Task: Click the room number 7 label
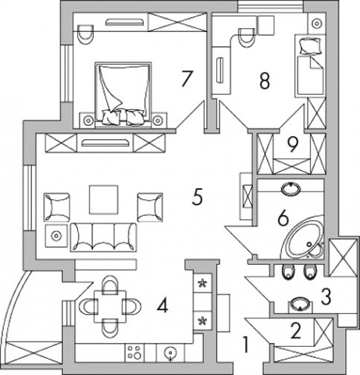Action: (187, 78)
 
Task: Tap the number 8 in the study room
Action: (265, 81)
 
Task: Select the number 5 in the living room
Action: (197, 198)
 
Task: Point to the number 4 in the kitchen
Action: (162, 306)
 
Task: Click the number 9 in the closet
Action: (292, 145)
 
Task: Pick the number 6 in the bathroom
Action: (283, 218)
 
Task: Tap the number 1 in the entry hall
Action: (245, 345)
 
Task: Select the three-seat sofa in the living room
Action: (104, 237)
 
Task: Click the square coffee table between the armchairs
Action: (104, 199)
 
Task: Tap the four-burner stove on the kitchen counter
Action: (134, 352)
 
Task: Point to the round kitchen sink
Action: (170, 353)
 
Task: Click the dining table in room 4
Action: (110, 306)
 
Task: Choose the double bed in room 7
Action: (123, 95)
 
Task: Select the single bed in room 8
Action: (310, 66)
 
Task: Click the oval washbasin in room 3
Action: (301, 304)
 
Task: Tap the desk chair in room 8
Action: (246, 37)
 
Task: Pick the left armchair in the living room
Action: (57, 207)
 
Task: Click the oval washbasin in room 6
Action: (290, 187)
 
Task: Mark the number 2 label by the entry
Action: (296, 330)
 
